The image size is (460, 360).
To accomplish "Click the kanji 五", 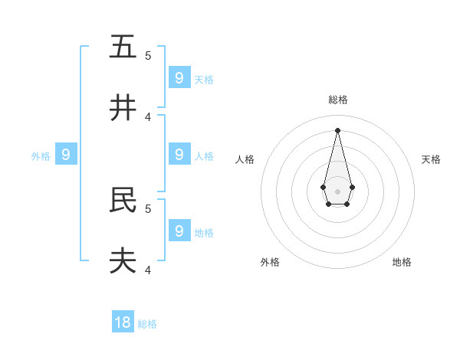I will pyautogui.click(x=123, y=47).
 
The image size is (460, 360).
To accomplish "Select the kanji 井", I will pyautogui.click(x=123, y=108).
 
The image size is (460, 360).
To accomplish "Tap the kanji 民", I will pyautogui.click(x=123, y=200).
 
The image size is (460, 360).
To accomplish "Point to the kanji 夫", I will pyautogui.click(x=123, y=261).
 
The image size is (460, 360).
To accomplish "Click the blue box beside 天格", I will pyautogui.click(x=179, y=77).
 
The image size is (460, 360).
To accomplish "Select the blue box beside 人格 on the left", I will pyautogui.click(x=179, y=154).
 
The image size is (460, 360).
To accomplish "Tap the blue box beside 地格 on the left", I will pyautogui.click(x=179, y=231).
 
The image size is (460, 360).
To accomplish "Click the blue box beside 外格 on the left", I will pyautogui.click(x=66, y=155).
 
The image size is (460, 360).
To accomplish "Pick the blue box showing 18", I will pyautogui.click(x=123, y=322).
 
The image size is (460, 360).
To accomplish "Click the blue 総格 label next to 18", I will pyautogui.click(x=147, y=324).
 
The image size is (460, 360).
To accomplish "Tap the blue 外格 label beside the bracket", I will pyautogui.click(x=41, y=156).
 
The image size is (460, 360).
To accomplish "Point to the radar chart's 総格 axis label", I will pyautogui.click(x=338, y=100).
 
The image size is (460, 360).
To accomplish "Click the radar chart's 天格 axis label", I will pyautogui.click(x=431, y=159).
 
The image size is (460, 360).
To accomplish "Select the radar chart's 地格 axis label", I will pyautogui.click(x=402, y=262).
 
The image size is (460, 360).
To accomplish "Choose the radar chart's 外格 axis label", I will pyautogui.click(x=270, y=262).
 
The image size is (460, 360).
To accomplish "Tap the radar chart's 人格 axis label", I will pyautogui.click(x=245, y=159).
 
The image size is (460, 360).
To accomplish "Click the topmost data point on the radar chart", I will pyautogui.click(x=337, y=129).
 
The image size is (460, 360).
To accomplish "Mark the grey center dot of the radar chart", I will pyautogui.click(x=337, y=191).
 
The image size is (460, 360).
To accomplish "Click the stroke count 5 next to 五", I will pyautogui.click(x=148, y=56).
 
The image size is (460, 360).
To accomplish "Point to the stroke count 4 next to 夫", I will pyautogui.click(x=148, y=270).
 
